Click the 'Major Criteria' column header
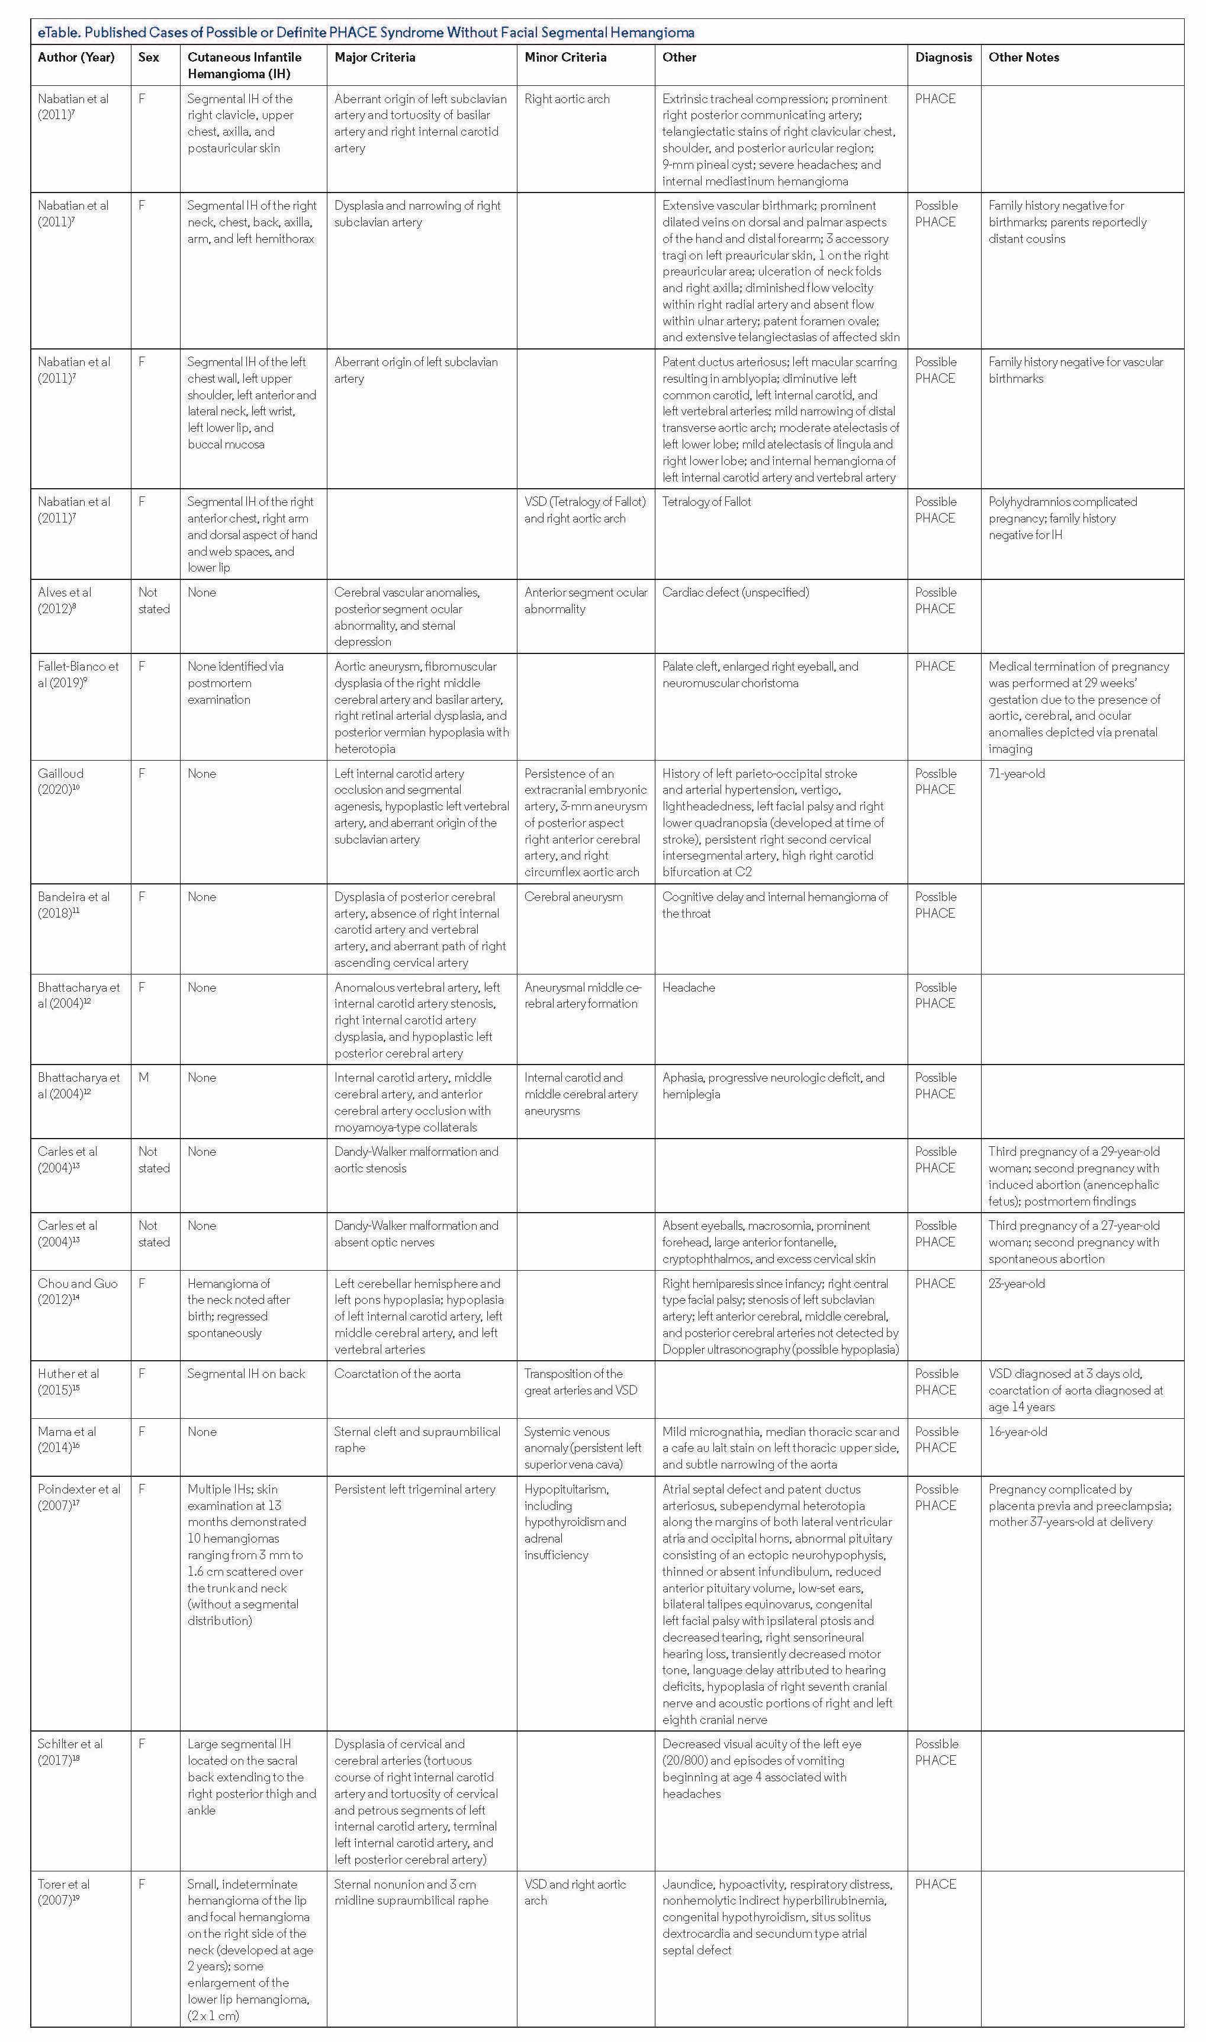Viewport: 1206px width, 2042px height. (375, 57)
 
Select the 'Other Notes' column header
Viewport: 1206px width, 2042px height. (1023, 57)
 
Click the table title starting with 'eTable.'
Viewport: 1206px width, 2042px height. (366, 33)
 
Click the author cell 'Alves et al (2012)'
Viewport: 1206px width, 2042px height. (65, 600)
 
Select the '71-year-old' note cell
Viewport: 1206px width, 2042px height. (1017, 774)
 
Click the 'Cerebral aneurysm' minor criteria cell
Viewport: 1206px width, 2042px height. (573, 897)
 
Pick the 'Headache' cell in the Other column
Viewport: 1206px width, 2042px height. (689, 988)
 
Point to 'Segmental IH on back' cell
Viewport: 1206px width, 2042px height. (246, 1374)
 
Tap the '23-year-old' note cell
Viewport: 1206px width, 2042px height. (1017, 1284)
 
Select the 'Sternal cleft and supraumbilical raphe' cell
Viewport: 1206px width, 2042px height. (417, 1440)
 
